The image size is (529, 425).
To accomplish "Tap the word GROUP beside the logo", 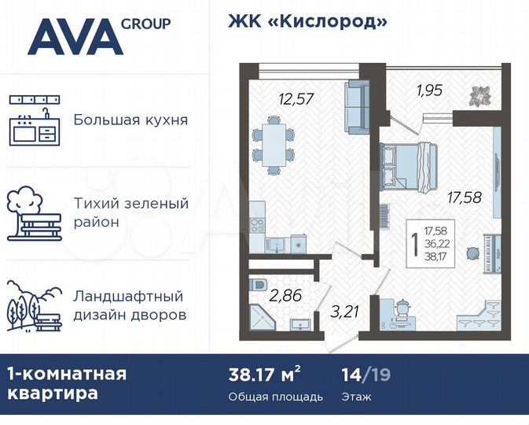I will click(x=145, y=24).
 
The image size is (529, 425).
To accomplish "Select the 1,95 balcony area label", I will click(x=430, y=90).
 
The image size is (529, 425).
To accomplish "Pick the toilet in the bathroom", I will click(x=259, y=283).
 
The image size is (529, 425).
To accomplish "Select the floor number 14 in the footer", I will click(x=352, y=374).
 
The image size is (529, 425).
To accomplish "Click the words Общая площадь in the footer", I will click(x=275, y=397).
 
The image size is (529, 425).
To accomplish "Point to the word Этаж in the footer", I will click(x=357, y=397).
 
